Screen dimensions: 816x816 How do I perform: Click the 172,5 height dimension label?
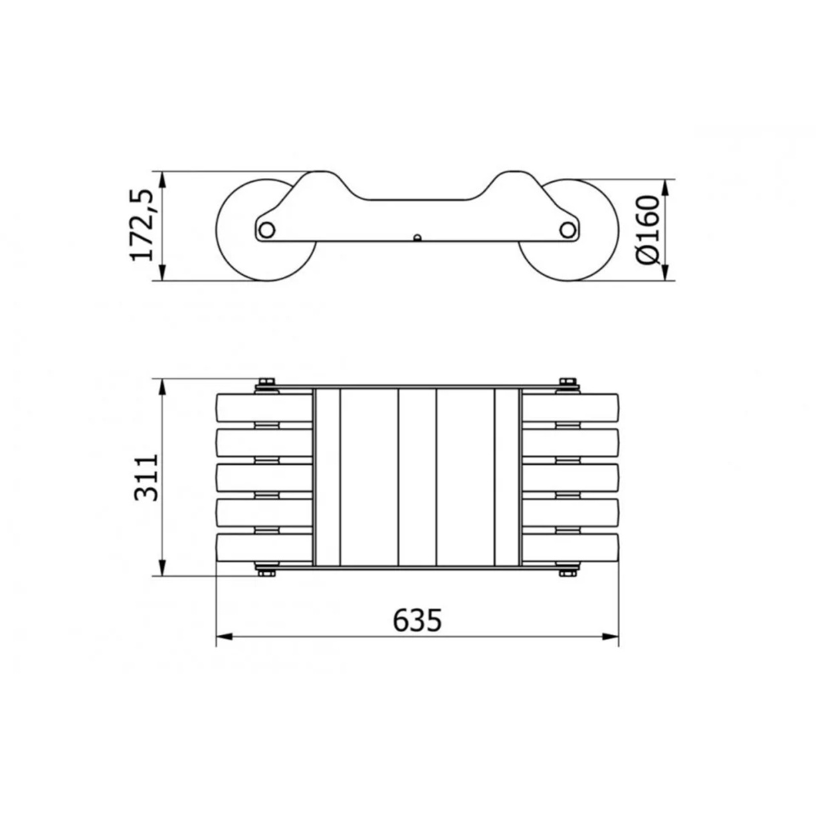(141, 225)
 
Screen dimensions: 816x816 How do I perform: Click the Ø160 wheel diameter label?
(647, 230)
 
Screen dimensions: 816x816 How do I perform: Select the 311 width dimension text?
(146, 478)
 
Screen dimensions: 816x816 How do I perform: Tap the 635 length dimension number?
(417, 620)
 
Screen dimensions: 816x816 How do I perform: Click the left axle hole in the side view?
(267, 230)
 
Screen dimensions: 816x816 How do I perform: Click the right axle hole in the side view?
(568, 230)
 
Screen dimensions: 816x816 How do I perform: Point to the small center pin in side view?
(417, 237)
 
